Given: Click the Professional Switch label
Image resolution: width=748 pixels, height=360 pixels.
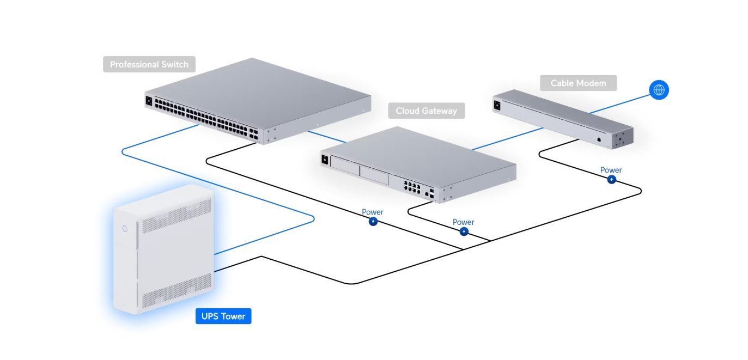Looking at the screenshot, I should (x=149, y=64).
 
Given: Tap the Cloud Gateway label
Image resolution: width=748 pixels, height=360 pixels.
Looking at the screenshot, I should (x=427, y=111).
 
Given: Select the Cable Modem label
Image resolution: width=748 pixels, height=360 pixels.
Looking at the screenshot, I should (x=578, y=83).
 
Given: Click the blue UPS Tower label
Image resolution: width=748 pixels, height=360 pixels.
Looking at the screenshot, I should (x=223, y=316).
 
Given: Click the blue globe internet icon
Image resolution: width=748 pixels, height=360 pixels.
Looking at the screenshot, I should (x=659, y=90).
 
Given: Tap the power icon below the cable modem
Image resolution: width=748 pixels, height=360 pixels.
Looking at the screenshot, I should (x=611, y=180).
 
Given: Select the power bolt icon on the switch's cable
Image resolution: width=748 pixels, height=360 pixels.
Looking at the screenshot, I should (x=373, y=222).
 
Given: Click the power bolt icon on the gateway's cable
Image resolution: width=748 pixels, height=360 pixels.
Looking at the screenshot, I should (x=464, y=231).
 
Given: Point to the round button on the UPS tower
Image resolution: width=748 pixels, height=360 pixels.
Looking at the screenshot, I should (x=125, y=229).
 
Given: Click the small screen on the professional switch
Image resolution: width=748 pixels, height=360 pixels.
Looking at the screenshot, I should (x=149, y=101).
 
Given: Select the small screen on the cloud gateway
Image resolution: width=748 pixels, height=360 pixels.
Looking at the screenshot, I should (x=326, y=160).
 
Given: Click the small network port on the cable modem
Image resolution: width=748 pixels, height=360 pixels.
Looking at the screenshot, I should (x=599, y=139).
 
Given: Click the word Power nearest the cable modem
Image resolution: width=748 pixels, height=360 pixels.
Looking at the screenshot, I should (x=611, y=170).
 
